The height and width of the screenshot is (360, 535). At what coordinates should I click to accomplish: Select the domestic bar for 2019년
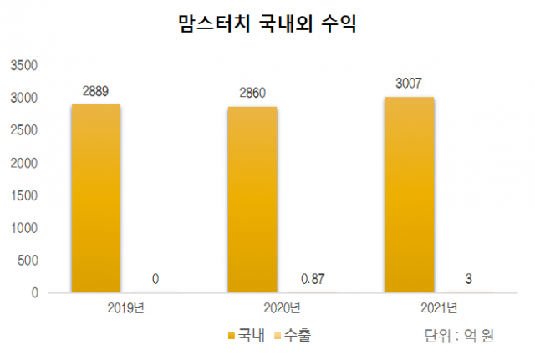point(94,199)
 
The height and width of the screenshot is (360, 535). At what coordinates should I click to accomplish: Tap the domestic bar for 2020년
point(252,200)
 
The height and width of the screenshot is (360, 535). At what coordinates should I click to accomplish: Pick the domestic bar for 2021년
point(409,195)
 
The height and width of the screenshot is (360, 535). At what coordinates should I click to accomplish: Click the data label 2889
point(95,90)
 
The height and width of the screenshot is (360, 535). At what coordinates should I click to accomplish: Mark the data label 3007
point(409,83)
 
